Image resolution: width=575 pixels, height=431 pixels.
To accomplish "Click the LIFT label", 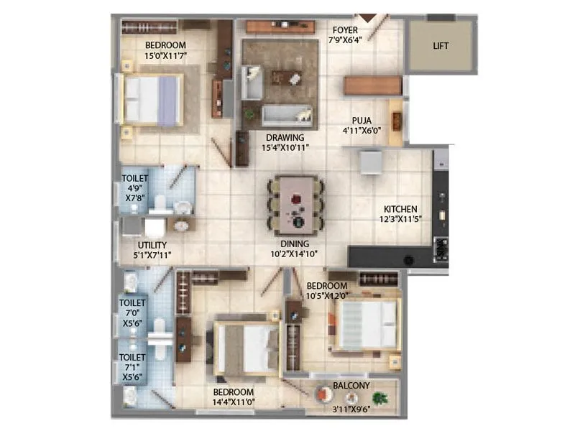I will [x=441, y=46].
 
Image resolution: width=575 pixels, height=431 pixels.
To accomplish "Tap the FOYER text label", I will [x=344, y=30].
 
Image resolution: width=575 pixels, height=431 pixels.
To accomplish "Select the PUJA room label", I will [x=361, y=121].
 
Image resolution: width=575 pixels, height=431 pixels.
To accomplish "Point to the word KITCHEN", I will [x=400, y=209].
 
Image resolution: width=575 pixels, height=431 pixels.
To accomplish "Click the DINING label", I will [x=295, y=244].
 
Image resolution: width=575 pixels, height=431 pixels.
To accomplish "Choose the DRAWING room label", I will [x=285, y=137].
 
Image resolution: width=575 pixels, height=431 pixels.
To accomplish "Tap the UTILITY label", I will [x=152, y=245].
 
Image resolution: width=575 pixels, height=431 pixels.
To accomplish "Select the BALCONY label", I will [x=351, y=386].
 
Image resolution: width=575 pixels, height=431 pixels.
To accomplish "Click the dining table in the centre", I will [x=296, y=205].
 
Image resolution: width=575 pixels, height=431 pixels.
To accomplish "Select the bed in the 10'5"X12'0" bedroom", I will [x=367, y=325].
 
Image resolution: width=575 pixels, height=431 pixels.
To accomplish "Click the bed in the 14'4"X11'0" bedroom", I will [x=247, y=349].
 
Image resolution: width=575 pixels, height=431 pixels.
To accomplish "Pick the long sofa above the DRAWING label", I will [x=287, y=115].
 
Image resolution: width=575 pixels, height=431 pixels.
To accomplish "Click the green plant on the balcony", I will [x=379, y=397].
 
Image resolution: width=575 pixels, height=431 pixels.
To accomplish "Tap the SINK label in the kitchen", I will [x=441, y=249].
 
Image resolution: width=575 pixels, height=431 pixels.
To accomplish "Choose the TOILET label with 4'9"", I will [x=134, y=178].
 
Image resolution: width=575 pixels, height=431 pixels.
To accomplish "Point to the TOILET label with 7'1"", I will [x=132, y=357].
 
